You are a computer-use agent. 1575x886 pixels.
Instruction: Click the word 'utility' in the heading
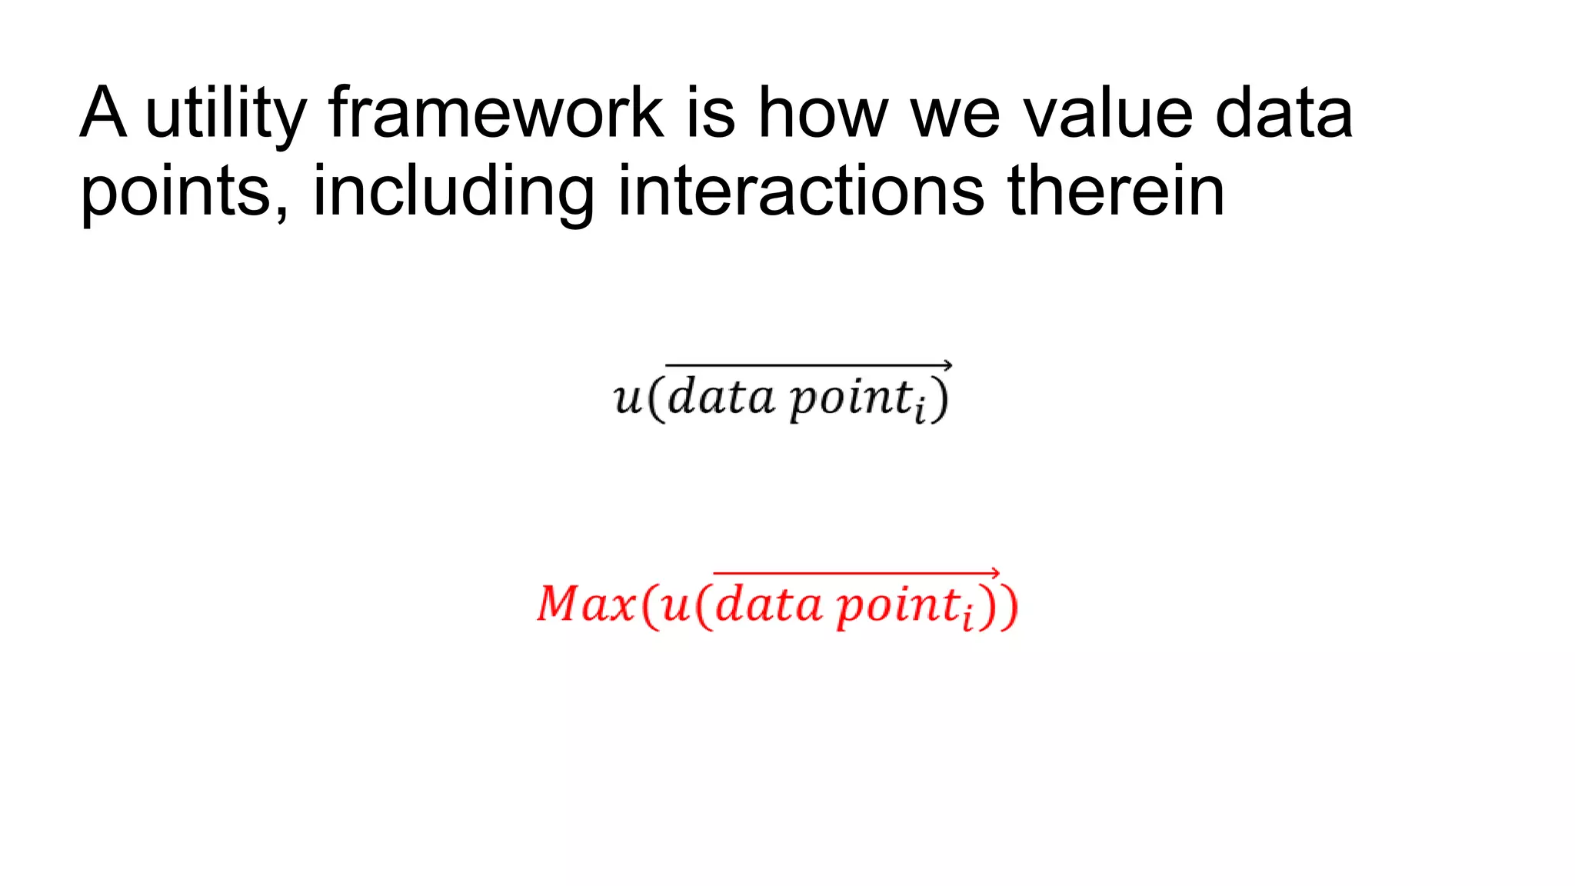[x=225, y=114]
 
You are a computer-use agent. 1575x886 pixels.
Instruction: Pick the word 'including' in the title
[x=453, y=192]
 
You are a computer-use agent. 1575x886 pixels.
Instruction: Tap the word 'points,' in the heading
[x=185, y=192]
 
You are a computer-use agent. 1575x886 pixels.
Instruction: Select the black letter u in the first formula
[x=628, y=398]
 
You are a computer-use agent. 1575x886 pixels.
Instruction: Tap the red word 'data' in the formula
[x=768, y=605]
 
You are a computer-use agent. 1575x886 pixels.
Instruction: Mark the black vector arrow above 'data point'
[x=807, y=365]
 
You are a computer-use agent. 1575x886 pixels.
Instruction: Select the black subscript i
[x=919, y=412]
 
